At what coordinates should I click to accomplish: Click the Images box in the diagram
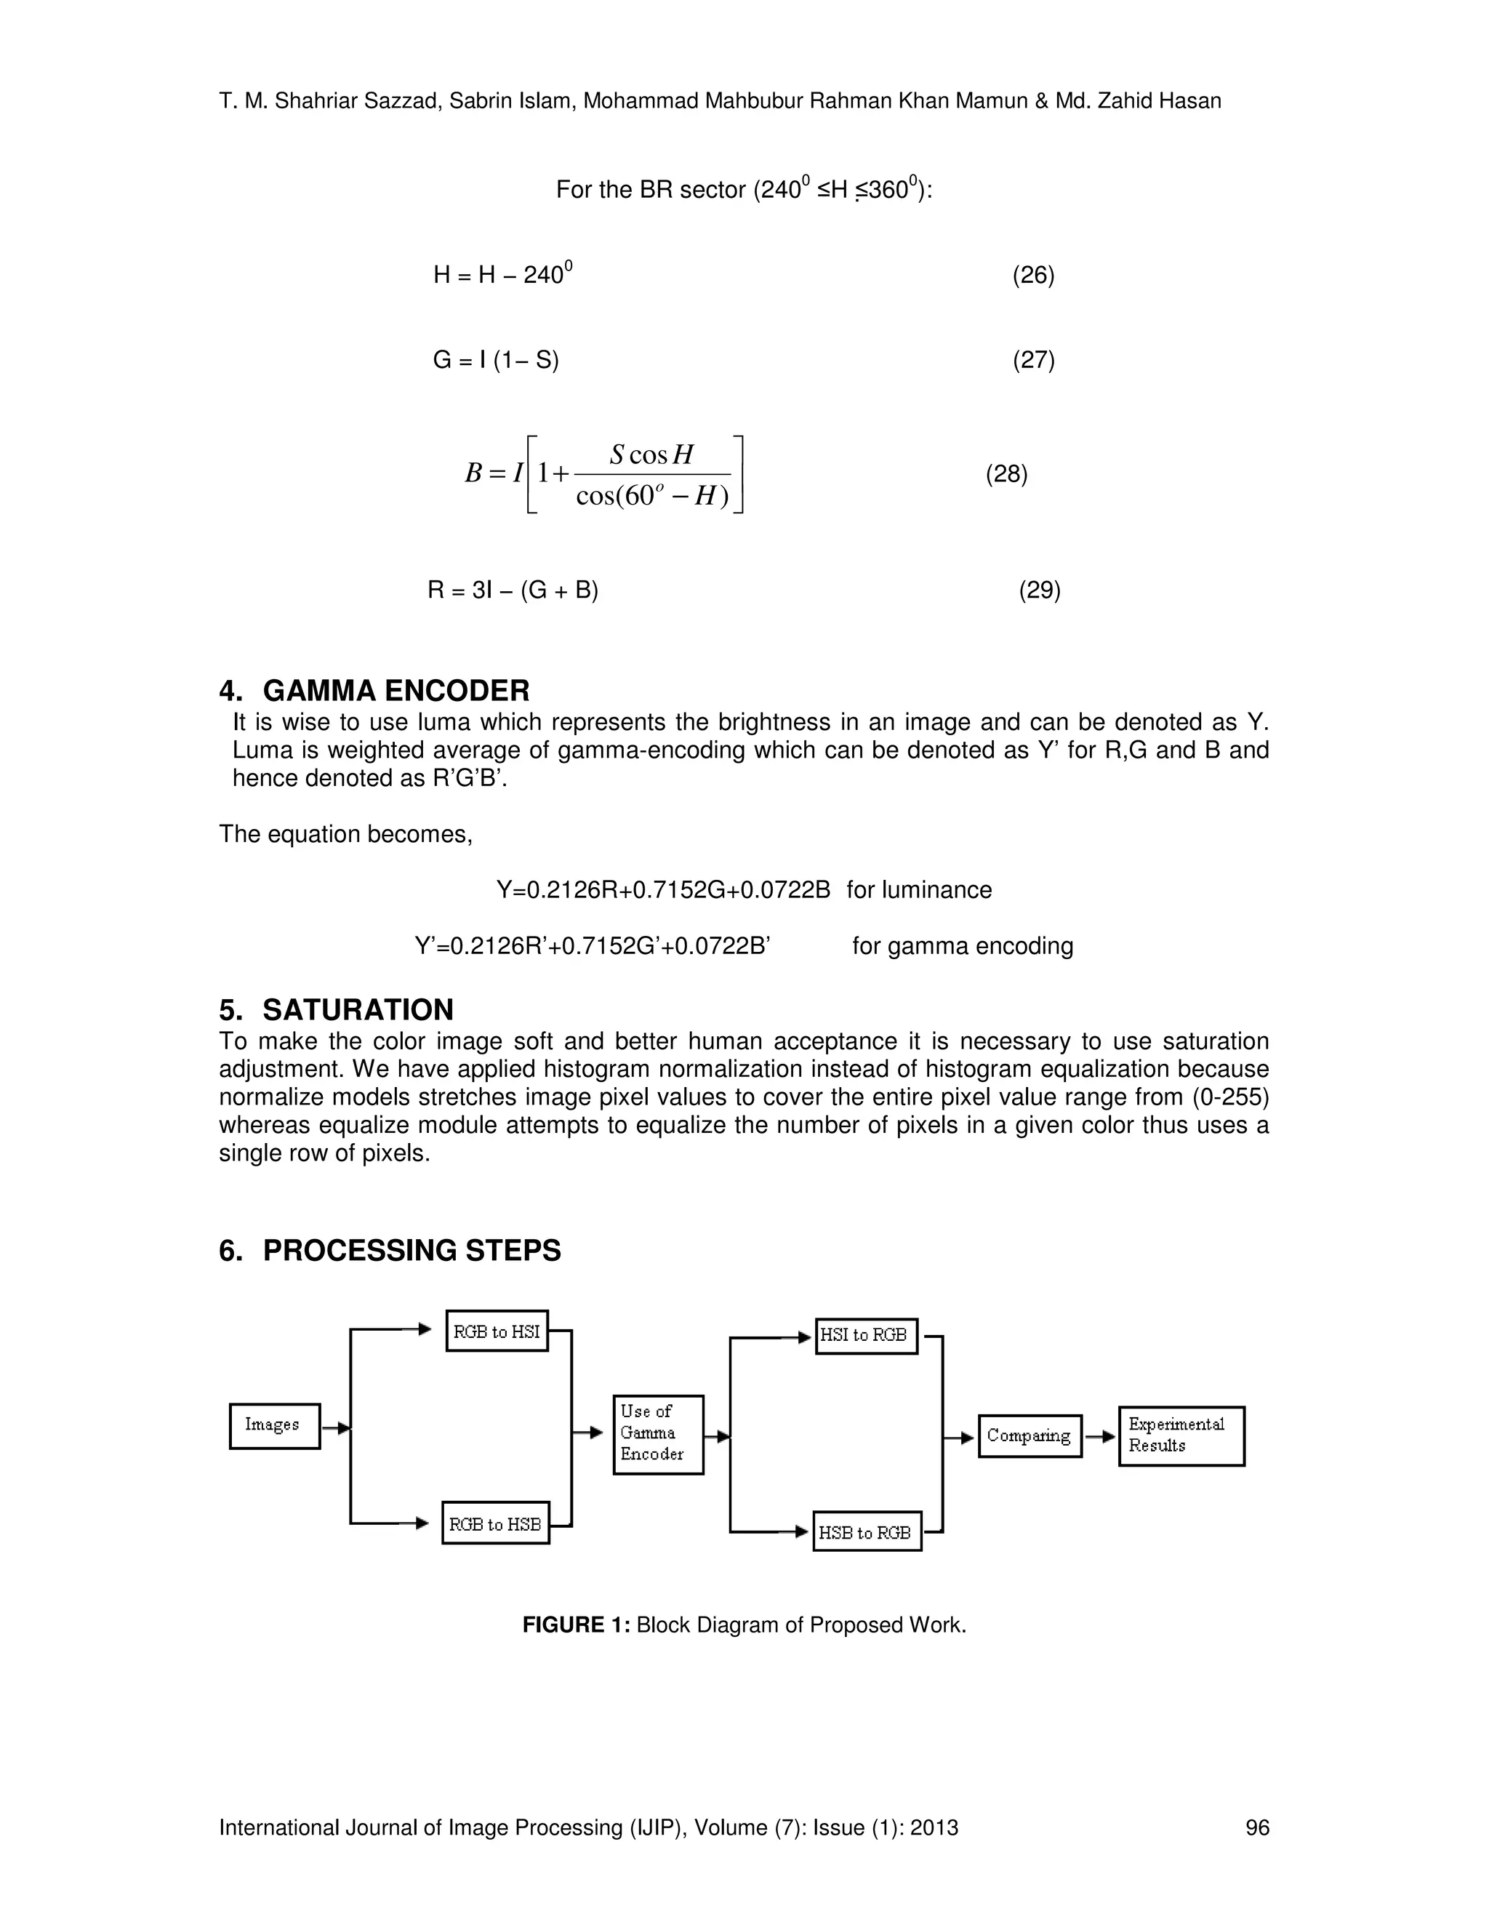[274, 1425]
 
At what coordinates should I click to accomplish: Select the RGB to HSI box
[497, 1331]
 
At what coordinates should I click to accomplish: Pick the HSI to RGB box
[865, 1336]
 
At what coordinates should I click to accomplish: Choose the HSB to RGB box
[866, 1533]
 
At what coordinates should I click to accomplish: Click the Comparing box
[1030, 1435]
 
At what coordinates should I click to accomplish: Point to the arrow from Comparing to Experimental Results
[1100, 1436]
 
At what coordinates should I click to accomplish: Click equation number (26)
[1033, 276]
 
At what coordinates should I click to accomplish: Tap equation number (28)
[1006, 474]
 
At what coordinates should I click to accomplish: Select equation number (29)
[1039, 590]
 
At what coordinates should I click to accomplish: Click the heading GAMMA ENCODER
[396, 690]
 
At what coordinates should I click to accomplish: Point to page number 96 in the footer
[1256, 1827]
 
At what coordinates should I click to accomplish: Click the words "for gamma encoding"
[963, 946]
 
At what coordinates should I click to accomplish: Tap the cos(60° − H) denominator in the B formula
[652, 497]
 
